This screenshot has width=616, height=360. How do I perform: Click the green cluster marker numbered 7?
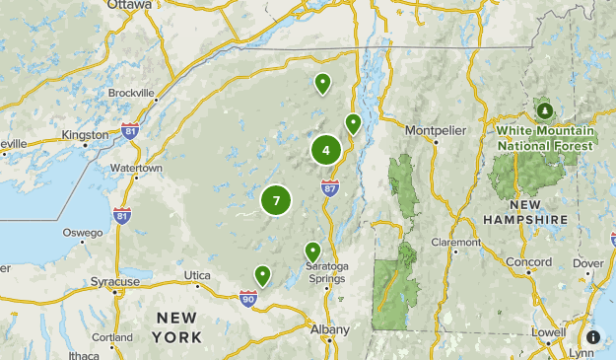click(x=276, y=200)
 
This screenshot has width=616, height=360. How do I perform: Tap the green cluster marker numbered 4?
click(x=326, y=150)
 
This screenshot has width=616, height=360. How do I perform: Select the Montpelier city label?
click(x=434, y=128)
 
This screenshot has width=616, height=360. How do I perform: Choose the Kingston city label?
click(x=84, y=134)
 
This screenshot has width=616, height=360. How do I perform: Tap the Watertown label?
click(x=136, y=169)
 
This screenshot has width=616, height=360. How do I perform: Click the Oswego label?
click(x=82, y=233)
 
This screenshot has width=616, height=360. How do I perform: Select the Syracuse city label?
click(x=115, y=282)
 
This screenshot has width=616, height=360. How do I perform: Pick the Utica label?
click(x=198, y=274)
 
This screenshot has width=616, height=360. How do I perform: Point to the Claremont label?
click(x=455, y=242)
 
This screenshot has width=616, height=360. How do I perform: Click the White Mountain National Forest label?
click(x=545, y=137)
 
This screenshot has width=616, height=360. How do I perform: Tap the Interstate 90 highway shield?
click(x=247, y=296)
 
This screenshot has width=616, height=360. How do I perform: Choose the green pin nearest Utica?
click(x=262, y=275)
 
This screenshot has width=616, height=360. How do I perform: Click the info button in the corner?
click(x=593, y=336)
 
